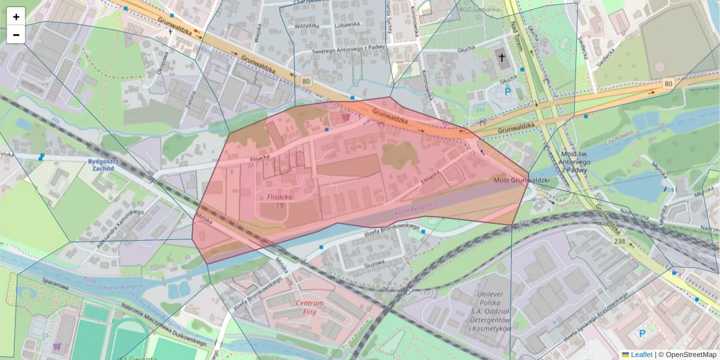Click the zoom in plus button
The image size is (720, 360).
coord(16,16)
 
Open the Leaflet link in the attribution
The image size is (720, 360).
coord(641,355)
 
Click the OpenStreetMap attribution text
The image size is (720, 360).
coord(690,355)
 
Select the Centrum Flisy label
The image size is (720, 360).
coord(310,307)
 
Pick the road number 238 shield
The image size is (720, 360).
coord(620,241)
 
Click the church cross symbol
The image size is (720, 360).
coord(501,58)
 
